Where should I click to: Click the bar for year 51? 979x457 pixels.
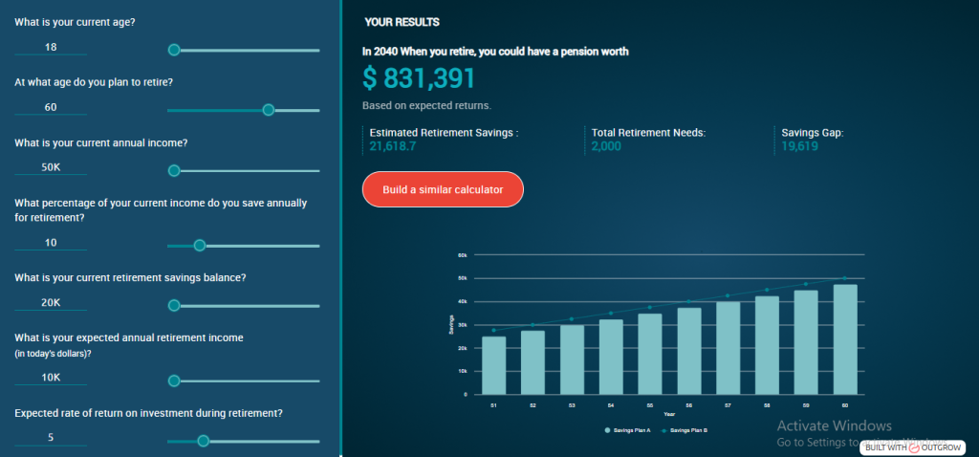[x=494, y=365]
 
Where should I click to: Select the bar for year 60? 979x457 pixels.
[x=845, y=339]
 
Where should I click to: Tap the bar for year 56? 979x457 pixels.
[x=689, y=351]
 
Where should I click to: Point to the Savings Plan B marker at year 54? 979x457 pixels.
[x=611, y=313]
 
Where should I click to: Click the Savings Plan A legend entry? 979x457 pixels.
[x=628, y=431]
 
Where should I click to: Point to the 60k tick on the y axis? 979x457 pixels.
[x=462, y=255]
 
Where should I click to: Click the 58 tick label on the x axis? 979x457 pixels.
[x=767, y=405]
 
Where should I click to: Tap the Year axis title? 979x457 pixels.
[x=669, y=414]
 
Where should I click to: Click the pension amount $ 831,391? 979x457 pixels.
[x=419, y=78]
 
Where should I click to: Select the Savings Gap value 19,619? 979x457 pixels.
[x=799, y=146]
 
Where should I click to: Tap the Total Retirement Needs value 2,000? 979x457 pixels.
[x=606, y=146]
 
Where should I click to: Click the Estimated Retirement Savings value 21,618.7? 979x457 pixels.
[x=395, y=146]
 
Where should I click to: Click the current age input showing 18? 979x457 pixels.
[x=51, y=48]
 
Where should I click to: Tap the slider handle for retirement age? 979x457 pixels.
[x=269, y=109]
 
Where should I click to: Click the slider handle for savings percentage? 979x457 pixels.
[x=200, y=245]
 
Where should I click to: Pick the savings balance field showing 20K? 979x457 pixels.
[x=51, y=304]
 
